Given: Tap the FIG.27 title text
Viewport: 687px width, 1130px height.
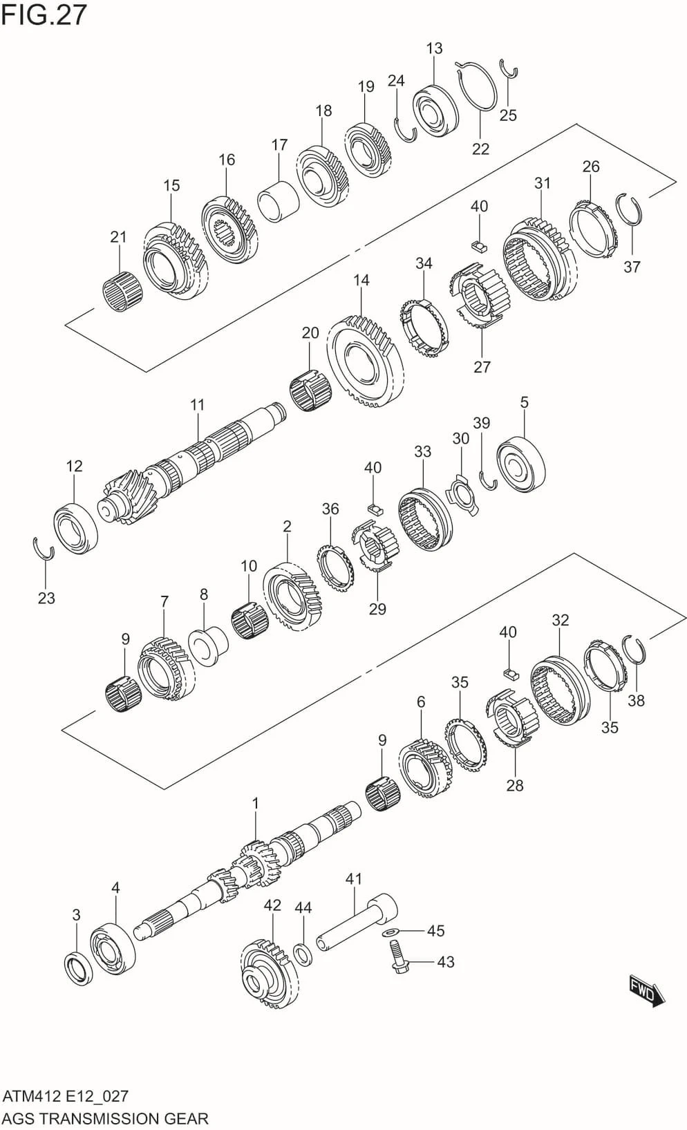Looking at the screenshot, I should coord(44,15).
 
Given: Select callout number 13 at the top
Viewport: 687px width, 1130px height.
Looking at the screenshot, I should coord(434,48).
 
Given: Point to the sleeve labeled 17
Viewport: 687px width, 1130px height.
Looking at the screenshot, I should coord(278,200).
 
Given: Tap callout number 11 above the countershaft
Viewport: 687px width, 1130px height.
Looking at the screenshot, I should coord(198,405).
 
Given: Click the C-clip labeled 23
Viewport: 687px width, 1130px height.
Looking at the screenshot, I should coord(44,549).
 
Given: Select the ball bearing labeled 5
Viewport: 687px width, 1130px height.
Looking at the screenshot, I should coord(522,464).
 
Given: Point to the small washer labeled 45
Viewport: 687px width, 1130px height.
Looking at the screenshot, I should coord(392,932).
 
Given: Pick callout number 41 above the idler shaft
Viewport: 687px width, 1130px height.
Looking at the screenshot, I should coord(353,879).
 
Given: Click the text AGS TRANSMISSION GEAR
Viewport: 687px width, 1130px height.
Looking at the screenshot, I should coord(105,1118).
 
